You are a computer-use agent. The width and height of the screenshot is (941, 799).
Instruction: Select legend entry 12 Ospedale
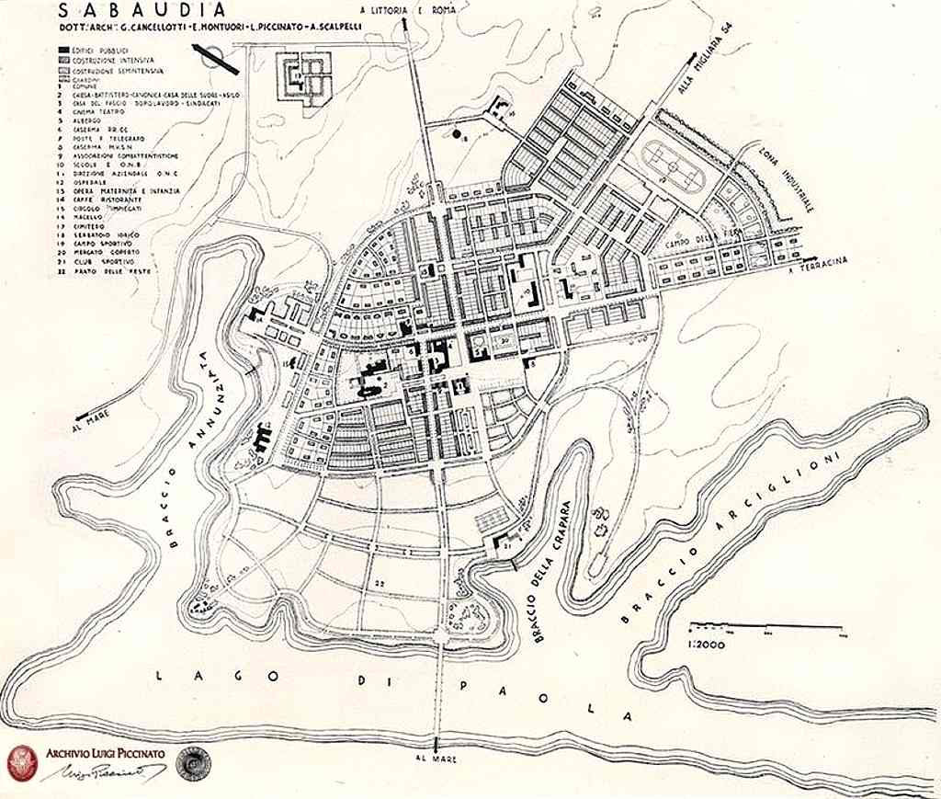point(82,181)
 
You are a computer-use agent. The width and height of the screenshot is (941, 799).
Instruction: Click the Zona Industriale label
point(784,176)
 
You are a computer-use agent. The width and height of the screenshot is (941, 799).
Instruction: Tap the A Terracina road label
point(818,267)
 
